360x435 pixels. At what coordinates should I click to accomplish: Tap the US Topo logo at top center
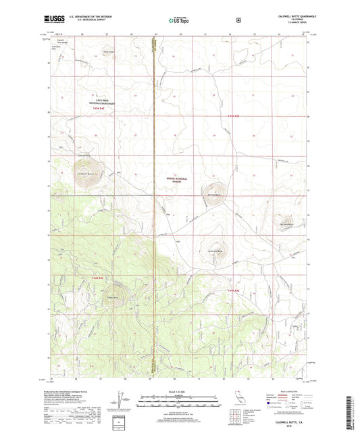[180, 20]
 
